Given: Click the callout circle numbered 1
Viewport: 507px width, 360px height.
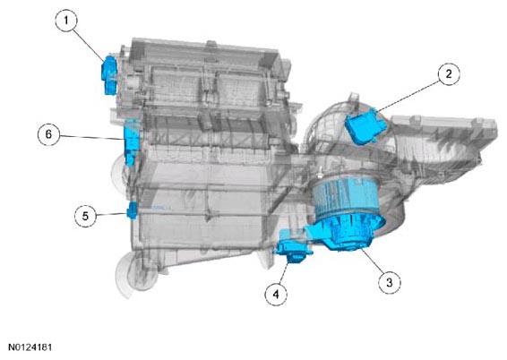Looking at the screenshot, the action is click(x=66, y=21).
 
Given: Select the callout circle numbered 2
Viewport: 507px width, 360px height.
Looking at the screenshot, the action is click(x=449, y=74).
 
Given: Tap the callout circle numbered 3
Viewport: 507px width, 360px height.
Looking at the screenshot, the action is click(x=390, y=283).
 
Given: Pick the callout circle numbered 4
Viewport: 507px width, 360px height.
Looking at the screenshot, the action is click(x=276, y=295).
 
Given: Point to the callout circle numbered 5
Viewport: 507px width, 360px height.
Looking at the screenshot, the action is click(x=85, y=216).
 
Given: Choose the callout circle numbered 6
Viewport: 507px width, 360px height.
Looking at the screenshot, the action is click(x=49, y=134).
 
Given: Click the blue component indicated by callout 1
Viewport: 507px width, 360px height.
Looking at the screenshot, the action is click(x=109, y=75).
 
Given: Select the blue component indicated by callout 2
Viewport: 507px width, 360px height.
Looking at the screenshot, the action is click(x=366, y=126).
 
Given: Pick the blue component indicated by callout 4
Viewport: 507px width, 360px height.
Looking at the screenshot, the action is click(x=293, y=247).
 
